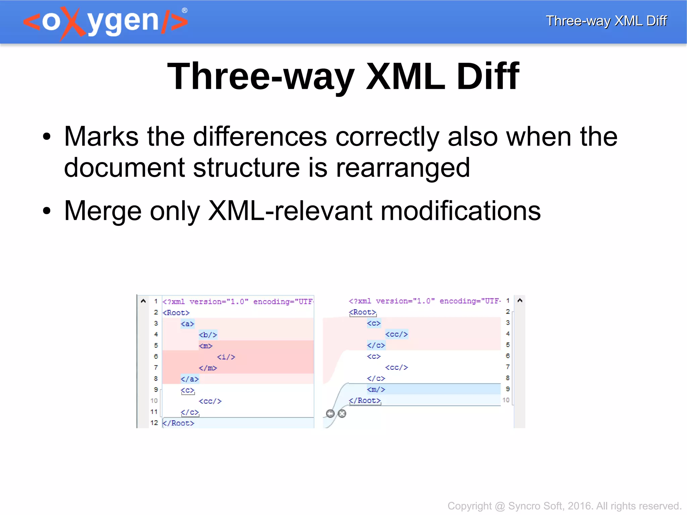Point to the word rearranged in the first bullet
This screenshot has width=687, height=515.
[x=403, y=167]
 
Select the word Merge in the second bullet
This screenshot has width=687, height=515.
[x=103, y=211]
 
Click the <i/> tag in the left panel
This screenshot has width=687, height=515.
[x=226, y=357]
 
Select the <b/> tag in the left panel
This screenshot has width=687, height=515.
[x=208, y=335]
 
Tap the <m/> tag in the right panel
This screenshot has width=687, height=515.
[x=376, y=390]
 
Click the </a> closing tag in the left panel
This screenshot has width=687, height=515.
[x=190, y=379]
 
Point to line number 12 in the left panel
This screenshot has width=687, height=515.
[x=154, y=423]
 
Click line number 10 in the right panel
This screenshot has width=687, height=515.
[x=506, y=400]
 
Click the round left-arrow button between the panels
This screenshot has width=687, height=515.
[x=330, y=413]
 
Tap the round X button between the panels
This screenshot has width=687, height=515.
[x=342, y=413]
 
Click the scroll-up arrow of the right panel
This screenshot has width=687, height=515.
[x=520, y=301]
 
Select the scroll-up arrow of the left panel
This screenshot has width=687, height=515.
[x=143, y=301]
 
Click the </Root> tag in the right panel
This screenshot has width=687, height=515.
[x=365, y=401]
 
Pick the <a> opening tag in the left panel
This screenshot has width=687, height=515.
[x=187, y=324]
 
